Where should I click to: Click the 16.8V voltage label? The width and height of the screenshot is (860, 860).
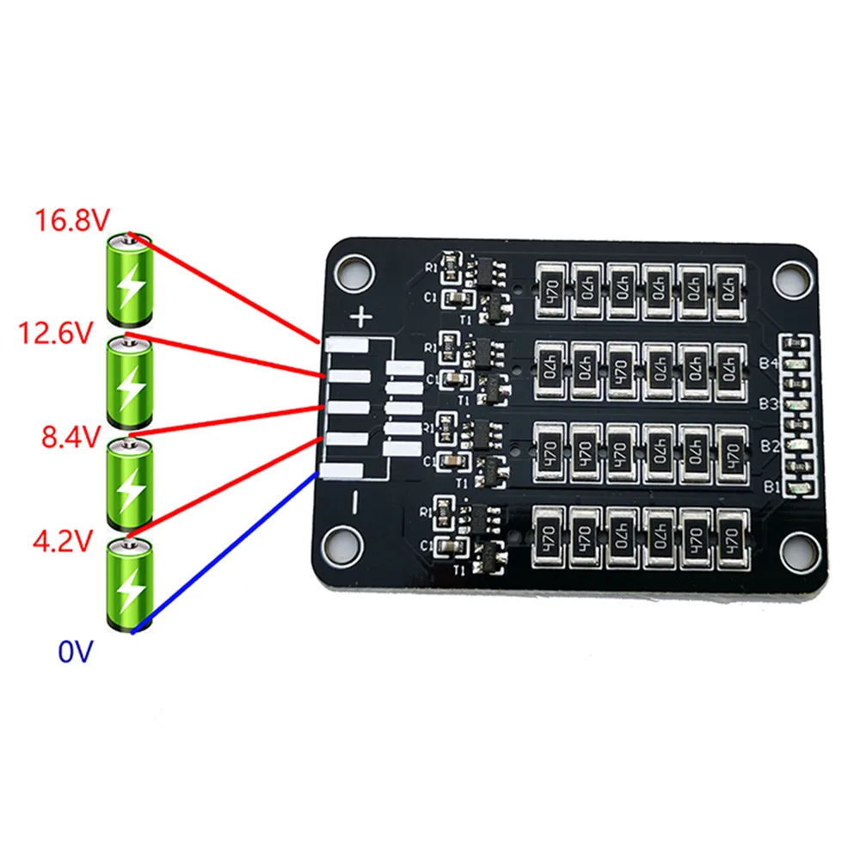(71, 221)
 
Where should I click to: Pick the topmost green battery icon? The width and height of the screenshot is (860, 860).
(128, 277)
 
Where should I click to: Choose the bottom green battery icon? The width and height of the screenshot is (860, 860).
(128, 584)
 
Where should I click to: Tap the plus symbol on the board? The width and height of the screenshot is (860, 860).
(362, 318)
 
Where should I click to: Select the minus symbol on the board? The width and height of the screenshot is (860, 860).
(353, 503)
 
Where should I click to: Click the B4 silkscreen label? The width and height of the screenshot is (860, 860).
(768, 364)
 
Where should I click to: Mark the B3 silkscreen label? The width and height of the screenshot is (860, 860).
(769, 404)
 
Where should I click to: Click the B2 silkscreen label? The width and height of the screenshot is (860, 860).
(770, 446)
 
